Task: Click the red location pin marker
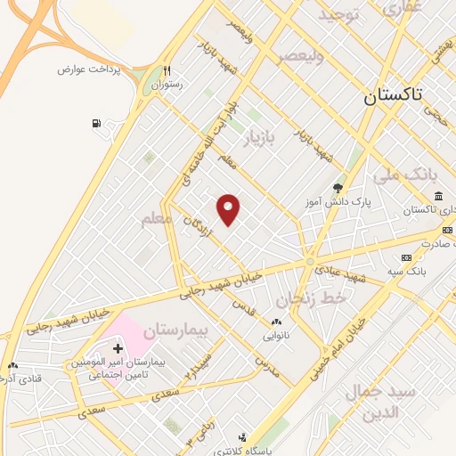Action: pos(229,208)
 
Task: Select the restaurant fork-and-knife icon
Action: pos(167,71)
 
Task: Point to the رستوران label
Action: pos(166,85)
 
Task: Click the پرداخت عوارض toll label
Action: pos(88,69)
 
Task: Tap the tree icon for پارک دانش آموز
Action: pos(338,188)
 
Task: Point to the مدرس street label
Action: pos(266,367)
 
